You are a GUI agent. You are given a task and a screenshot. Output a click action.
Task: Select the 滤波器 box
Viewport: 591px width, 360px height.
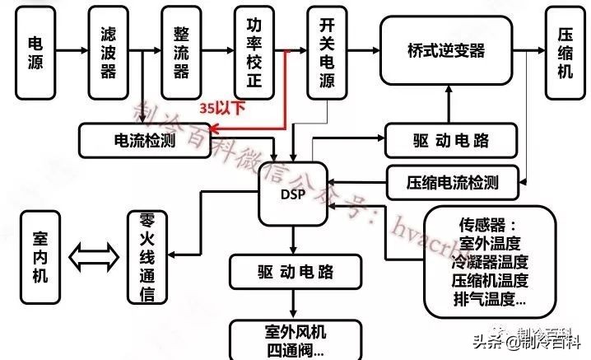coord(108,52)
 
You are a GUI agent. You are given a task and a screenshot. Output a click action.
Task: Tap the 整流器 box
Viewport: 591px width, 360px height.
coord(181,52)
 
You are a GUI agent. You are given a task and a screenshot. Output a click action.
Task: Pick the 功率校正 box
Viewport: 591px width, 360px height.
coord(254,52)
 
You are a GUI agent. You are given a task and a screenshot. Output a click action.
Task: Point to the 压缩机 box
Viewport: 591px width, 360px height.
coord(565,52)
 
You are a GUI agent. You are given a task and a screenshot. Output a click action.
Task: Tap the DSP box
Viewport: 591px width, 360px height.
coord(292,195)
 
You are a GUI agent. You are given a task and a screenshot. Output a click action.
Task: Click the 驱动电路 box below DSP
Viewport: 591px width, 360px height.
coord(294,270)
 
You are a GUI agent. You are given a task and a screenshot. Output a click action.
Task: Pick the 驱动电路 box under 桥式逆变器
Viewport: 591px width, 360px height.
coord(450,140)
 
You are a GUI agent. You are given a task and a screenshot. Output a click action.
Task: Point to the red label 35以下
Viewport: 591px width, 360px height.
coord(222,107)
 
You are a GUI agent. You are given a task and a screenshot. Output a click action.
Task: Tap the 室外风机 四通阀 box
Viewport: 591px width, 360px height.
coord(294,339)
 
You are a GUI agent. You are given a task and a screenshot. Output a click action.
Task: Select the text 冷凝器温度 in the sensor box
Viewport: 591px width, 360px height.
coord(489,262)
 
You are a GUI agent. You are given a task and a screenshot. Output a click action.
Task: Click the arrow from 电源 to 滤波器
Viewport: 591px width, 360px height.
coord(72,51)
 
